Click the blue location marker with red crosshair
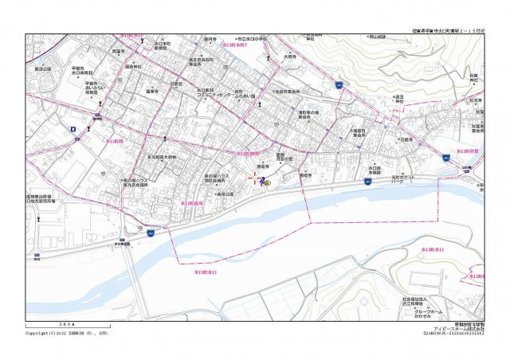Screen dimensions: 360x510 pos(262,182)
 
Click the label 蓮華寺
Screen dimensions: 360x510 pos(154,92)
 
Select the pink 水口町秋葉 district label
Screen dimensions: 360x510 pos(466,150)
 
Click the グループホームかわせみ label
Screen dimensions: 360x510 pos(428,313)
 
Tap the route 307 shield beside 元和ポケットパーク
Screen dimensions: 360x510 pos(367,182)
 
